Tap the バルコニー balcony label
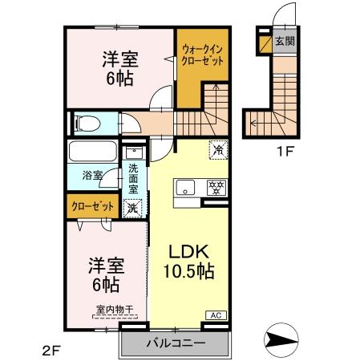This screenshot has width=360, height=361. [x=175, y=344]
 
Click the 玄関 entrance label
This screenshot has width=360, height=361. [x=284, y=41]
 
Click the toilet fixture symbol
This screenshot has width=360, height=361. [x=86, y=124]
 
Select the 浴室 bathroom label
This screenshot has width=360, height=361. [x=92, y=175]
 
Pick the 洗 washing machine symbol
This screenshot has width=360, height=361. [x=133, y=206]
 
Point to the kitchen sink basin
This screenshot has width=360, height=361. [x=184, y=189]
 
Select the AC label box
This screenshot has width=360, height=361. [x=216, y=316]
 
